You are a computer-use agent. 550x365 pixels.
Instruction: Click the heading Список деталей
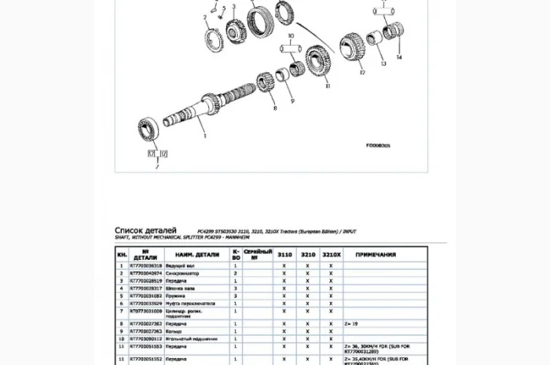pyautogui.click(x=146, y=229)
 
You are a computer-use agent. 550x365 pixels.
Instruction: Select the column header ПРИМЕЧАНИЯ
pyautogui.click(x=376, y=254)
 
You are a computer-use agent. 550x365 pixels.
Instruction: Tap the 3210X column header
pyautogui.click(x=331, y=254)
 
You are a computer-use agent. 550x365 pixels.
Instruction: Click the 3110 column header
pyautogui.click(x=284, y=254)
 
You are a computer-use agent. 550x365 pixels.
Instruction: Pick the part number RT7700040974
pyautogui.click(x=146, y=273)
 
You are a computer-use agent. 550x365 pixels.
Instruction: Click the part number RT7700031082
pyautogui.click(x=146, y=295)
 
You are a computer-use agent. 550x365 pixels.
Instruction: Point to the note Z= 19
pyautogui.click(x=351, y=323)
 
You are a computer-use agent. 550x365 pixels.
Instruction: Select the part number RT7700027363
pyautogui.click(x=146, y=331)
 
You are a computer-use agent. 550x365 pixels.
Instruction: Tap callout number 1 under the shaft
pyautogui.click(x=205, y=135)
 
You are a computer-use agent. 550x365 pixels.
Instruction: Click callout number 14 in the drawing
pyautogui.click(x=398, y=57)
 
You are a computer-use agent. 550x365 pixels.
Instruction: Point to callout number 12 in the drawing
pyautogui.click(x=362, y=73)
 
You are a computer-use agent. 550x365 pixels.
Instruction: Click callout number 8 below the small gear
pyautogui.click(x=275, y=108)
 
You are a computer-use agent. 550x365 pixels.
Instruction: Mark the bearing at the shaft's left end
pyautogui.click(x=150, y=128)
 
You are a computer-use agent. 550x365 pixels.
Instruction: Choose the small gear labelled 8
pyautogui.click(x=266, y=82)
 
